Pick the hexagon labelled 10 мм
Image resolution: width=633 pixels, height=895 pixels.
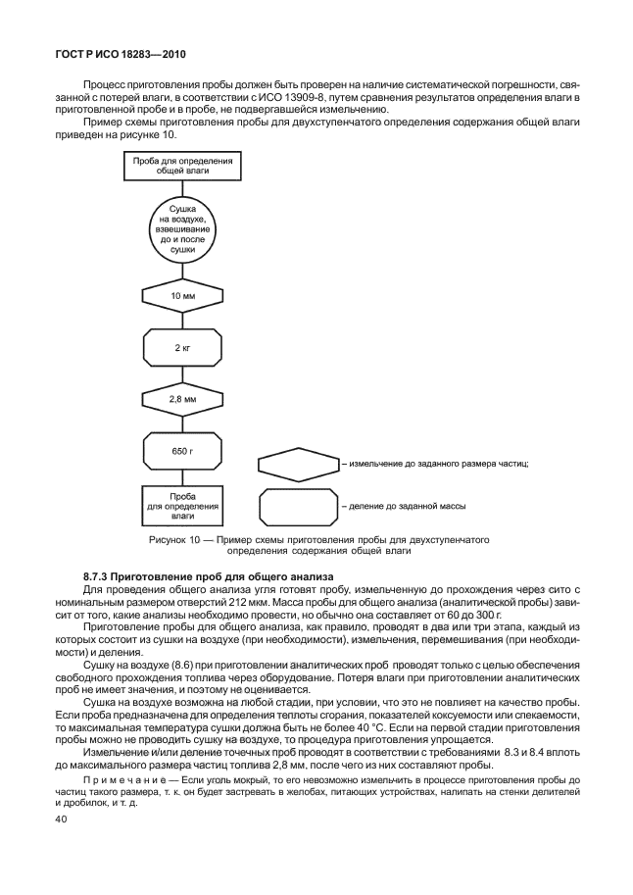[182, 295]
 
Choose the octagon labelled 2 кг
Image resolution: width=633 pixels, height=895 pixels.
[182, 347]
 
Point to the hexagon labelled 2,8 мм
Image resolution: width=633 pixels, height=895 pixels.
[182, 399]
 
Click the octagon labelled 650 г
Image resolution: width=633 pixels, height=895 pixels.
[182, 451]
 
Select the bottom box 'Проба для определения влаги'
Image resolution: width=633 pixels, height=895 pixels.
[182, 507]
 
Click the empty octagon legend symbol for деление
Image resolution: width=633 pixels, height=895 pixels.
[297, 507]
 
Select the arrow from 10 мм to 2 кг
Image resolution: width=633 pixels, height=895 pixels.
[182, 319]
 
